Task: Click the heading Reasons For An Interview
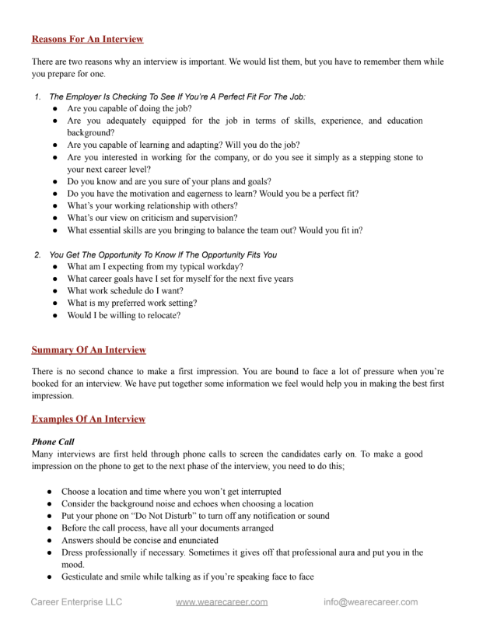tap(87, 39)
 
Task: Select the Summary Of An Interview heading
tap(89, 350)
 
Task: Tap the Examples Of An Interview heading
tap(89, 419)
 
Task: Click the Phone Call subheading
tap(53, 441)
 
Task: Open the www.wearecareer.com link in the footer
tap(222, 601)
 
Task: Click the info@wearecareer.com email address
tap(371, 601)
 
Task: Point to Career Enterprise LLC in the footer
tap(76, 601)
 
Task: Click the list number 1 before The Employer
tap(37, 96)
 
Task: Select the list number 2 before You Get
tap(37, 254)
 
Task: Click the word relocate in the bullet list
tap(162, 315)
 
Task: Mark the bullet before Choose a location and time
tap(50, 492)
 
